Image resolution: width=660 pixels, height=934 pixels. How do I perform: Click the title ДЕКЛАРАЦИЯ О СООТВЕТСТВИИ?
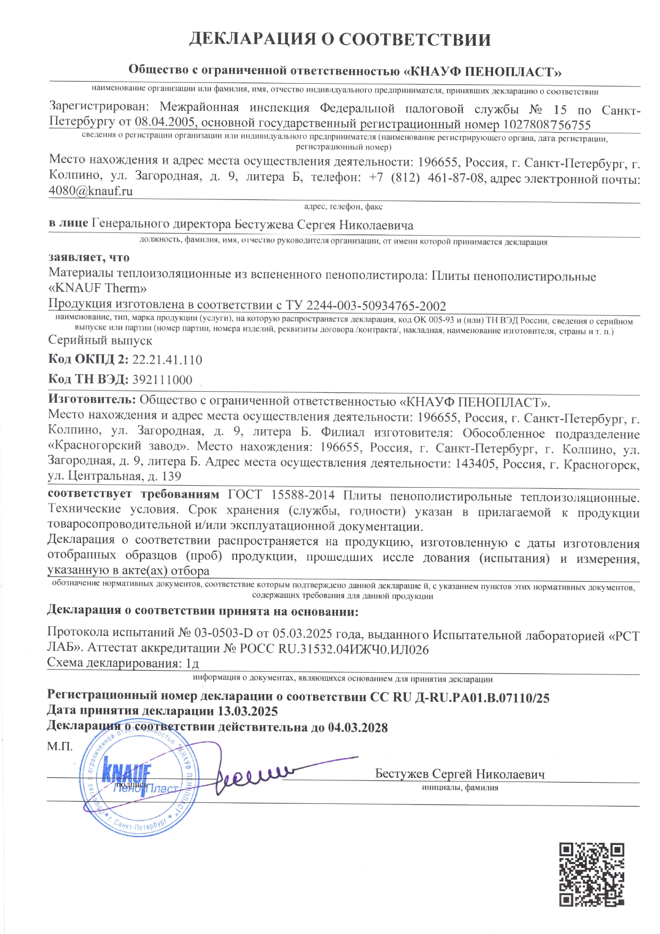(340, 40)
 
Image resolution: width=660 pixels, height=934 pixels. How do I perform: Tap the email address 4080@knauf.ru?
(91, 191)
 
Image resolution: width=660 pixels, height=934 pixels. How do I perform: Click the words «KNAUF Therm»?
(97, 289)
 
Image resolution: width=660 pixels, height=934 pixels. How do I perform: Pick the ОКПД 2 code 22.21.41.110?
(167, 360)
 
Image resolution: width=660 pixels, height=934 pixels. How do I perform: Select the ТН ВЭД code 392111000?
(162, 380)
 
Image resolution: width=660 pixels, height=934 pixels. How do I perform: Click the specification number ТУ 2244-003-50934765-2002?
(366, 305)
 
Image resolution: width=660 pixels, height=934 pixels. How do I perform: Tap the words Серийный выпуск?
(100, 340)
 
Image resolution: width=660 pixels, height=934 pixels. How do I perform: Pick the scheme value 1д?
(192, 664)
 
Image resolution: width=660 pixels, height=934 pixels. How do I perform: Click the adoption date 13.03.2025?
(248, 712)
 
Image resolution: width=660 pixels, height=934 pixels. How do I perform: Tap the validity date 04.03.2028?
(358, 728)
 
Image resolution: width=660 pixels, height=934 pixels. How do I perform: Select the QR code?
(591, 874)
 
